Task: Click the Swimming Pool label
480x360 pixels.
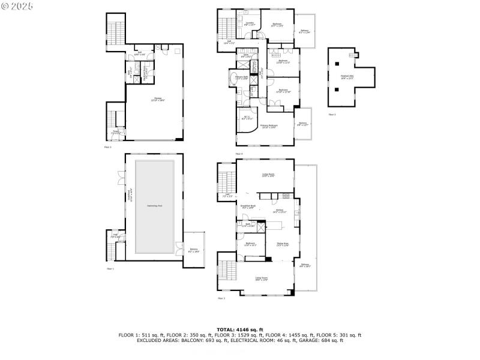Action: pos(155,206)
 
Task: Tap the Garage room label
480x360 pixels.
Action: pos(158,100)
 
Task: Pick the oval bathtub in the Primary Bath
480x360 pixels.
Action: pos(232,80)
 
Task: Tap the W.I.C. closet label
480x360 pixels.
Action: pos(246,118)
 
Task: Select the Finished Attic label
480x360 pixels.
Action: pos(347,77)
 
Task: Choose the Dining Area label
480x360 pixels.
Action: pos(283,244)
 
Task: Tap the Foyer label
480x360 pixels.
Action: pos(116,132)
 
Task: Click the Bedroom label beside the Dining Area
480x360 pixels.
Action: pos(250,244)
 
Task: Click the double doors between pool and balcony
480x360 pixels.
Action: pos(179,247)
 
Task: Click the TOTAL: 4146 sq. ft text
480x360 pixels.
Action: pos(240,329)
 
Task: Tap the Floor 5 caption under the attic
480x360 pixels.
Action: pos(332,114)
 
